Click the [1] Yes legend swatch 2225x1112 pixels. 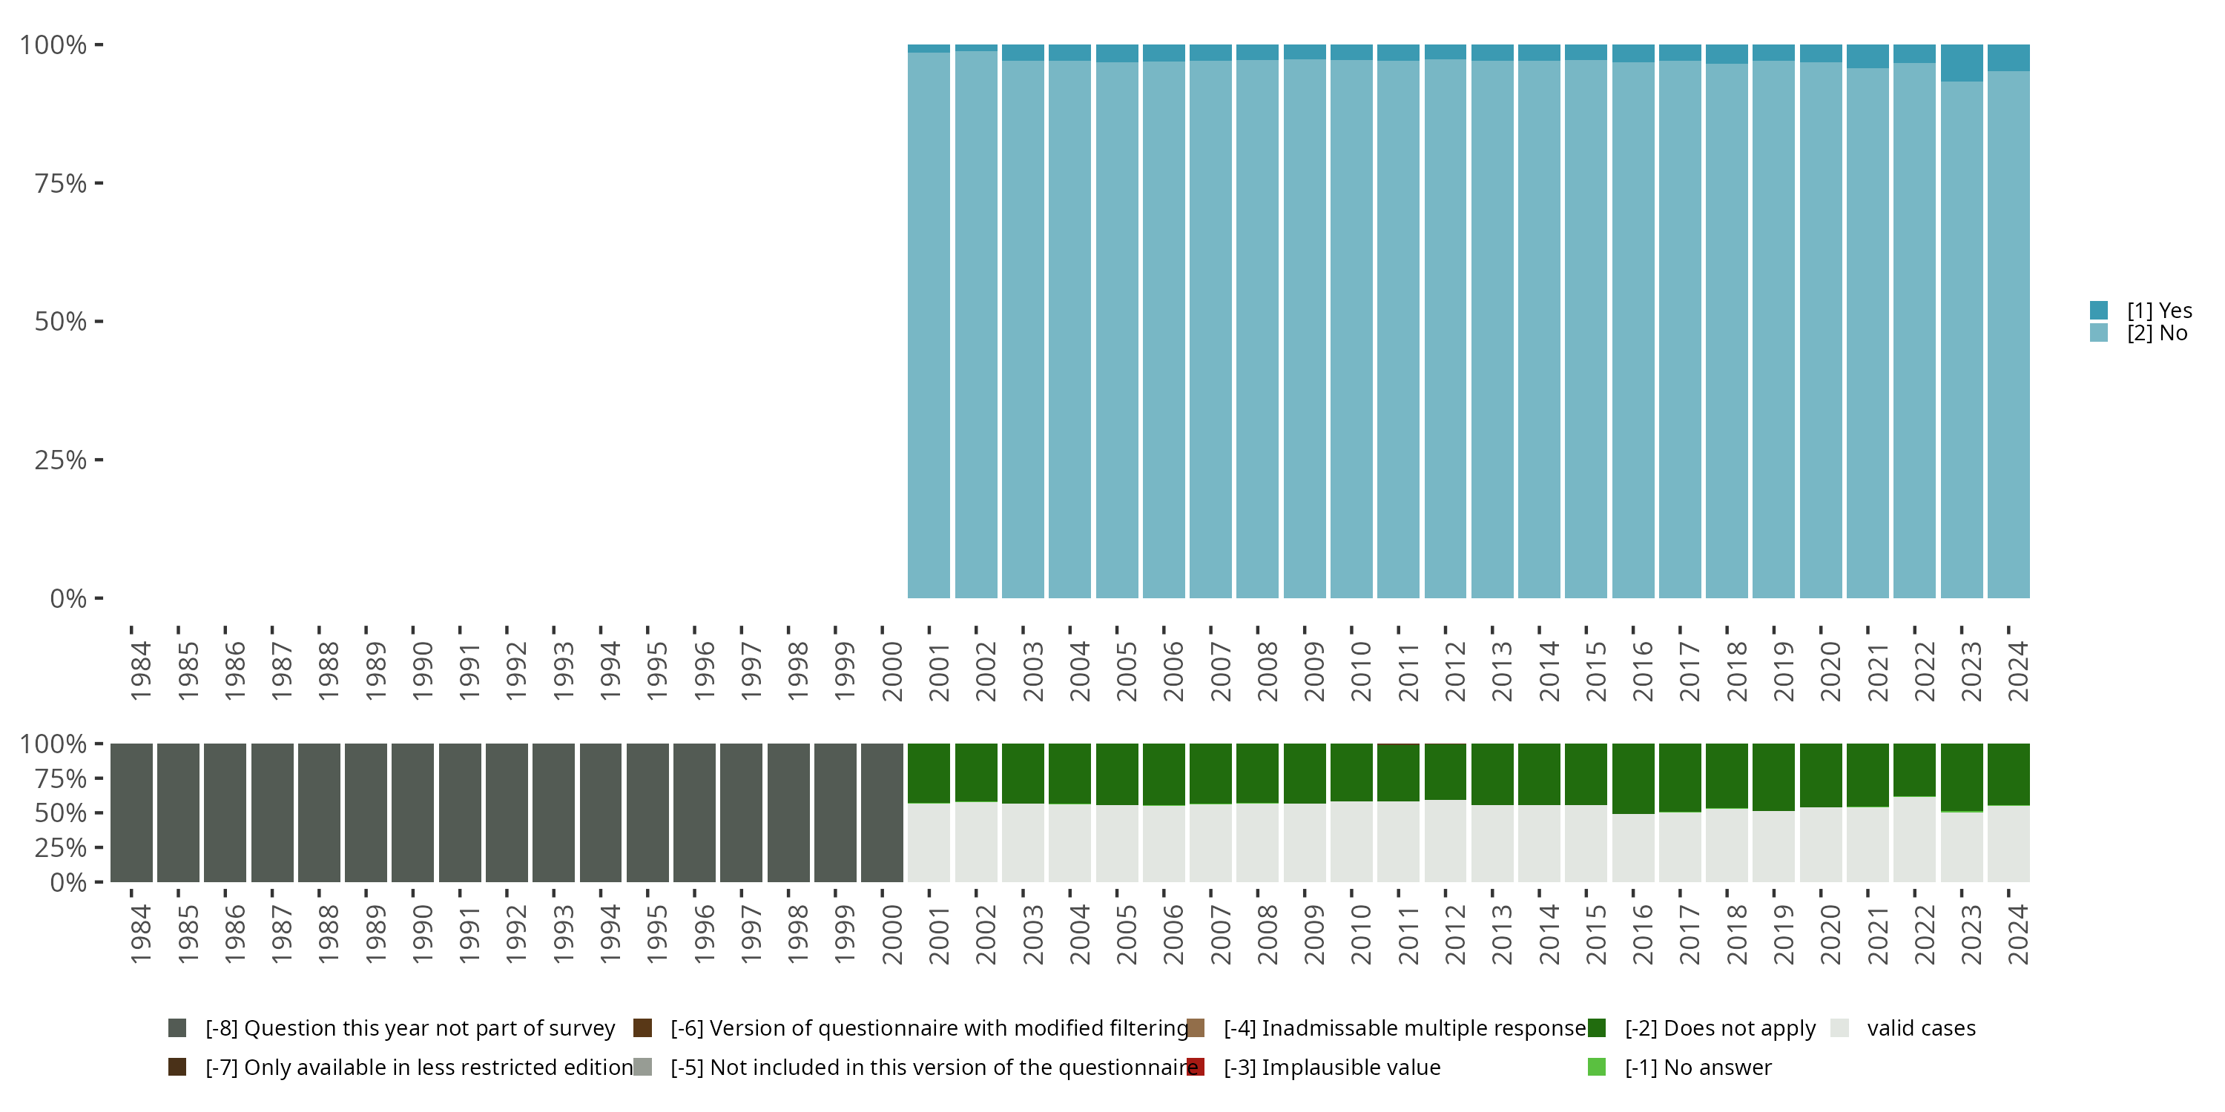(x=2099, y=310)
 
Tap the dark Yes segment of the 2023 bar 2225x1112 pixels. (x=1962, y=63)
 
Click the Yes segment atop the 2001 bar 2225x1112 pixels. (x=929, y=48)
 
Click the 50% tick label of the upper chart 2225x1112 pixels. (x=61, y=322)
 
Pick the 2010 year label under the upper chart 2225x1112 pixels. (x=1360, y=672)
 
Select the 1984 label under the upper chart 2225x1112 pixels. (x=140, y=672)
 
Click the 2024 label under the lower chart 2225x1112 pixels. (x=2017, y=935)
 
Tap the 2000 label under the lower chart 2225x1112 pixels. (x=891, y=935)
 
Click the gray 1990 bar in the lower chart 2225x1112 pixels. (x=413, y=813)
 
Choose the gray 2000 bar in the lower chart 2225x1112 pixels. (x=882, y=813)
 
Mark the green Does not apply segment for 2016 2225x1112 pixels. (x=1633, y=778)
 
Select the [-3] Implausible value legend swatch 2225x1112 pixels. (x=1196, y=1067)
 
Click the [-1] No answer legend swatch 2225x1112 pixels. (x=1596, y=1067)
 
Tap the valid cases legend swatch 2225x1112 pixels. (x=1840, y=1028)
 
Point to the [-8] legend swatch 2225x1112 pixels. (x=177, y=1028)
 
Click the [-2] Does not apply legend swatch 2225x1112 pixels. (x=1596, y=1028)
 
